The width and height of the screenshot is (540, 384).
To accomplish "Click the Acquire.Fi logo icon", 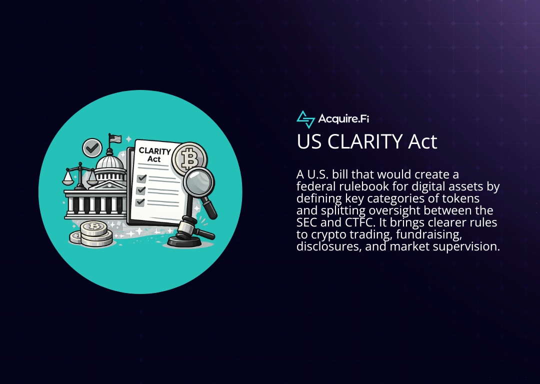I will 305,119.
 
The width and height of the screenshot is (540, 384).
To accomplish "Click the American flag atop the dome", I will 115,138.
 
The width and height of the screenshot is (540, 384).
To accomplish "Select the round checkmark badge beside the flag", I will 92,147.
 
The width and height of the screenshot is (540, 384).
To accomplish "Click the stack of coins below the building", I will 93,233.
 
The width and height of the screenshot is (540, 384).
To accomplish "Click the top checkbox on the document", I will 141,178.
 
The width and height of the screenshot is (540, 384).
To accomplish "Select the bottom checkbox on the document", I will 140,202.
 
